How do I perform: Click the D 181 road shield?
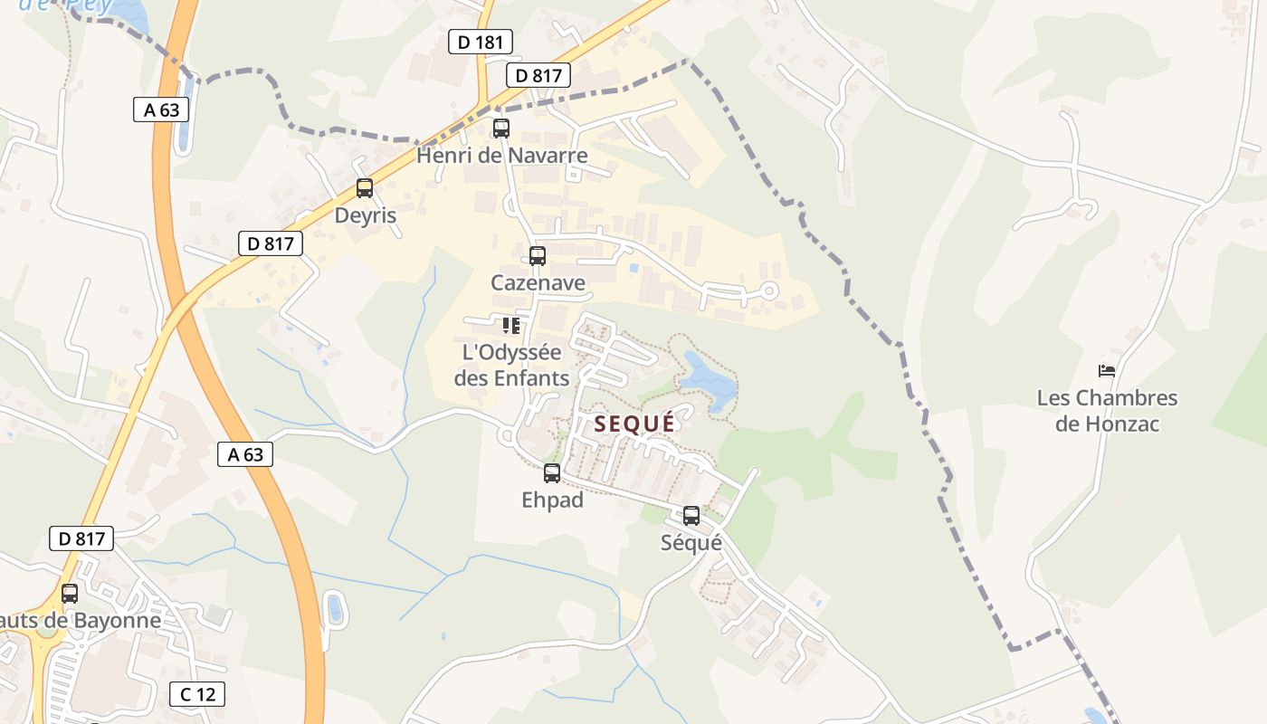coord(481,42)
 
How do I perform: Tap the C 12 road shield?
coord(197,694)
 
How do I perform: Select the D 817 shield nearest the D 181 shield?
coord(539,75)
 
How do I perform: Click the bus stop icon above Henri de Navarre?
coord(500,129)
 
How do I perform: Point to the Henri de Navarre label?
coord(501,156)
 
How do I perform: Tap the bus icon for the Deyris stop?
coord(364,188)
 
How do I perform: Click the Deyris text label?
coord(365,215)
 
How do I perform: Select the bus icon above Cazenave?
coord(538,255)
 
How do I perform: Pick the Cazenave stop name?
coord(538,283)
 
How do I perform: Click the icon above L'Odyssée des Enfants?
coord(511,325)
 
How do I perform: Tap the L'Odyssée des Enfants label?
coord(511,365)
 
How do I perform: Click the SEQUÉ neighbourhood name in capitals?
coord(634,424)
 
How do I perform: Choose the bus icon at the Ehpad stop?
coord(551,472)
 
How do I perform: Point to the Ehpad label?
coord(552,500)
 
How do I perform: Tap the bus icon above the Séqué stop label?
coord(691,516)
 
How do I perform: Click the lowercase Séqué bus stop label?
coord(691,543)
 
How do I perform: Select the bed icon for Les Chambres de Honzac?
coord(1106,370)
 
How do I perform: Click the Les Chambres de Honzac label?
coord(1107,410)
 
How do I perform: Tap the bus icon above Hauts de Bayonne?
coord(70,594)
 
